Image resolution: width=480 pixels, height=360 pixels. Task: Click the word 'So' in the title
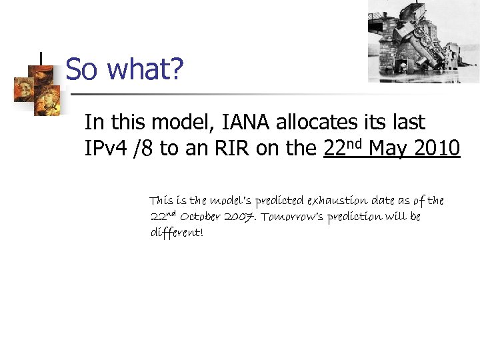81,69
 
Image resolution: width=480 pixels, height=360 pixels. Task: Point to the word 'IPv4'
107,149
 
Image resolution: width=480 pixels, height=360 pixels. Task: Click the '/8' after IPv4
144,149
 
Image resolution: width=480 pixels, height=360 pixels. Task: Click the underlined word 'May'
388,149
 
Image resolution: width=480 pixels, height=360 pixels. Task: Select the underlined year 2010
437,149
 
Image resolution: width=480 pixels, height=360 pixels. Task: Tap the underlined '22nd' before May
343,147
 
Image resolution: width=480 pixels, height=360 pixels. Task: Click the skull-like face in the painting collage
29,87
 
